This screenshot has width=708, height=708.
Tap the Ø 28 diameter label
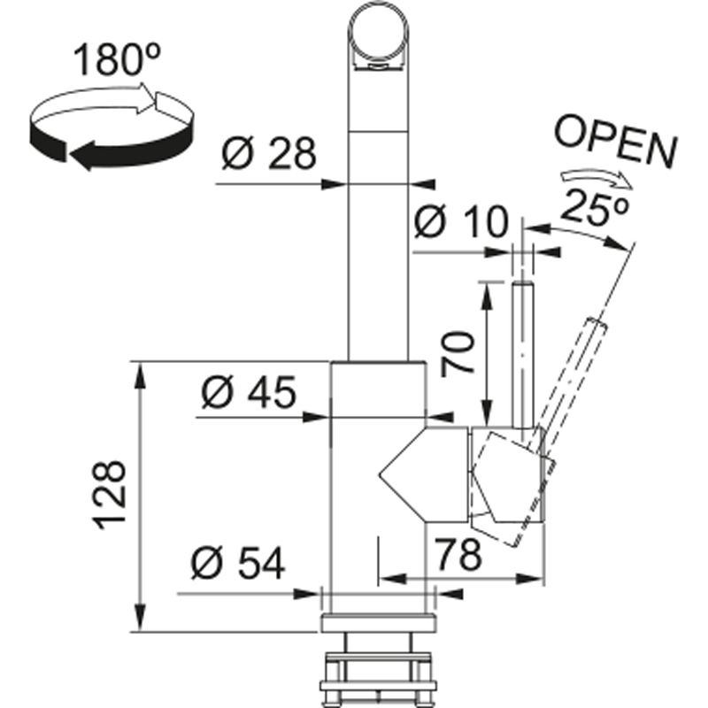click(x=268, y=155)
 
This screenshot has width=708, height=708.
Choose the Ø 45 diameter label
click(x=247, y=393)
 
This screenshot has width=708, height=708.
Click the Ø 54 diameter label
click(x=236, y=563)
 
